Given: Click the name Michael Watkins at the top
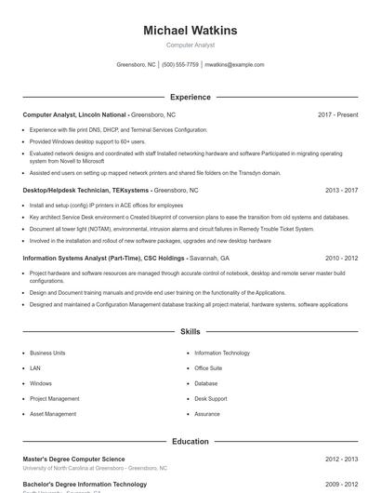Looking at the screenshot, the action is (x=190, y=31).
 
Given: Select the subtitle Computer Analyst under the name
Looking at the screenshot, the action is (x=190, y=45).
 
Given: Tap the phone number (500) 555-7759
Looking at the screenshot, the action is (x=180, y=65).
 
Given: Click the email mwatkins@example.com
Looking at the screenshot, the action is (x=234, y=65).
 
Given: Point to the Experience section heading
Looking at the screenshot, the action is (x=190, y=97).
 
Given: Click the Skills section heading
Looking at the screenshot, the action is (x=190, y=331).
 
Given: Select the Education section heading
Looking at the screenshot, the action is (x=190, y=442).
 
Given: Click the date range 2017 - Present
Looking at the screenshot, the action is (x=337, y=114).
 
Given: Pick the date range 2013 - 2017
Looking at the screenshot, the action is (x=341, y=190).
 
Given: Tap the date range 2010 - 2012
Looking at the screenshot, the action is (x=341, y=258).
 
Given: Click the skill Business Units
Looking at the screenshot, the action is (x=47, y=353).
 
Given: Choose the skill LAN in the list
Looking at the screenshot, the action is (x=34, y=368).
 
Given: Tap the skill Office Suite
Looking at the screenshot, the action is (x=208, y=368).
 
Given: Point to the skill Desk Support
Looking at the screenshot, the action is (x=211, y=398).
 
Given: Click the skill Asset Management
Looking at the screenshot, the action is (x=53, y=414).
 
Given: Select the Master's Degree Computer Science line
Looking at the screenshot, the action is (x=73, y=460).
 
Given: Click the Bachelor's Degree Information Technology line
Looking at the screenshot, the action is (x=85, y=485).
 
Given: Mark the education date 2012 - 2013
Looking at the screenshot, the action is (x=341, y=460).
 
